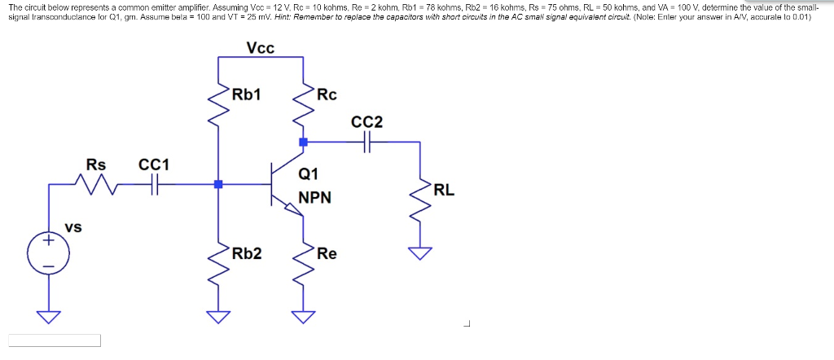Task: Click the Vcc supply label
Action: (x=261, y=48)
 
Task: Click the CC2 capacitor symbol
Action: (x=367, y=142)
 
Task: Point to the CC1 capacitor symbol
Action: (x=155, y=185)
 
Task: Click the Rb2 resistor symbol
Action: (x=218, y=261)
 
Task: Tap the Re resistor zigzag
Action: (x=303, y=261)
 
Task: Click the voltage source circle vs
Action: (x=48, y=253)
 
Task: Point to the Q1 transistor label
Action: (x=309, y=173)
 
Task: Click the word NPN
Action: (x=314, y=198)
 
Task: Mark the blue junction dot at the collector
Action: (x=303, y=142)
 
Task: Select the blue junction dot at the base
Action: (x=218, y=185)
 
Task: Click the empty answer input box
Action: (x=55, y=340)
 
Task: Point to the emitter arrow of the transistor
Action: (x=291, y=209)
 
